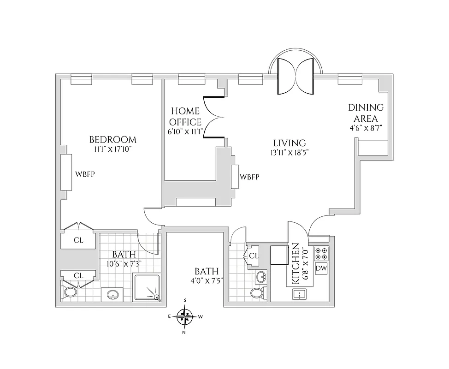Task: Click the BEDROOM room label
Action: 112,140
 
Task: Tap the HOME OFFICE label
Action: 185,117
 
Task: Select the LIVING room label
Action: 289,143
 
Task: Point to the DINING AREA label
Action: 366,113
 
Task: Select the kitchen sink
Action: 300,293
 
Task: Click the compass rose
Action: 185,316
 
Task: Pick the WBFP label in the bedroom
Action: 85,174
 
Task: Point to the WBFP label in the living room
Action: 249,177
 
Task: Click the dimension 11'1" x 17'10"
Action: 112,149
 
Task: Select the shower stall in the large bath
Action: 147,288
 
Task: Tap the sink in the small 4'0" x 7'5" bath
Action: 261,278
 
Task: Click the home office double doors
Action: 214,117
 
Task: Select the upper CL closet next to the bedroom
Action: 78,240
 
